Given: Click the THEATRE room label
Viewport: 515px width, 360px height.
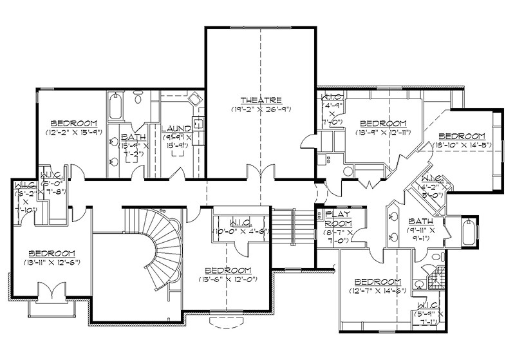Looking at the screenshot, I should point(261,100).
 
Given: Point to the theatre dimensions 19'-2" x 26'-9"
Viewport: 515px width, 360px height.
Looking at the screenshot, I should point(261,109).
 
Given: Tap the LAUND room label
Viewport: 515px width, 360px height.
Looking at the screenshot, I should point(176,128).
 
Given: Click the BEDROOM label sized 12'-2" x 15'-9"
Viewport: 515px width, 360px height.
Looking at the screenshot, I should point(74,122).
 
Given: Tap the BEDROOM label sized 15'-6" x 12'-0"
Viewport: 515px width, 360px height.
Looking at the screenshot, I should point(227,270).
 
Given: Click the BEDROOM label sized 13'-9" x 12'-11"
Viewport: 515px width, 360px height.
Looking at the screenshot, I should point(383,123).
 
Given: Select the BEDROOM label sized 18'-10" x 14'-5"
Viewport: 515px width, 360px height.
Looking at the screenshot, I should point(461,136).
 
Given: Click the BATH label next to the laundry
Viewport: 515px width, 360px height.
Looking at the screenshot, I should point(133,137).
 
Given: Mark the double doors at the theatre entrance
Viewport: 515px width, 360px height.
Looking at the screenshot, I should point(261,173).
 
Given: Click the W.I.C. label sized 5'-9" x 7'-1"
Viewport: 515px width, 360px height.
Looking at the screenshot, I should point(428,304).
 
